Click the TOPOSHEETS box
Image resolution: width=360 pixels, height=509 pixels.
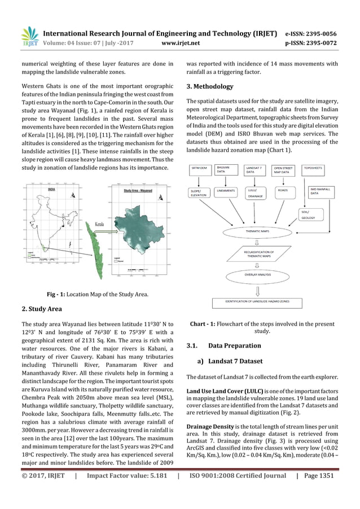[314, 168]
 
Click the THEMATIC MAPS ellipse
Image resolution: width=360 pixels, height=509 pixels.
[257, 231]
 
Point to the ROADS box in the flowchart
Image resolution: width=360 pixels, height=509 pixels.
[283, 190]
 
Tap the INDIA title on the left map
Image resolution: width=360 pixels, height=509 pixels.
[52, 190]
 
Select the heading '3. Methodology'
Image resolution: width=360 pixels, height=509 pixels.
[209, 86]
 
